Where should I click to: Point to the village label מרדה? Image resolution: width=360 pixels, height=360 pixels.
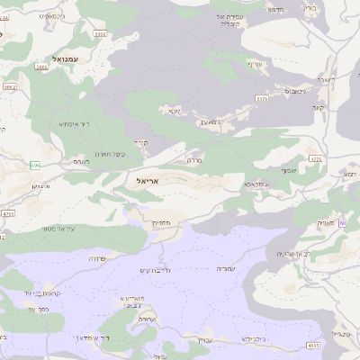tap(193, 159)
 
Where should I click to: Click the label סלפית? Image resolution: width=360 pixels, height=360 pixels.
tap(163, 221)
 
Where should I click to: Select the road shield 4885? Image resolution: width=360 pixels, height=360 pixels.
tap(312, 345)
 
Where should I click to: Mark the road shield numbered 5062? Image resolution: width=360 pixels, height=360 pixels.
tap(10, 88)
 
